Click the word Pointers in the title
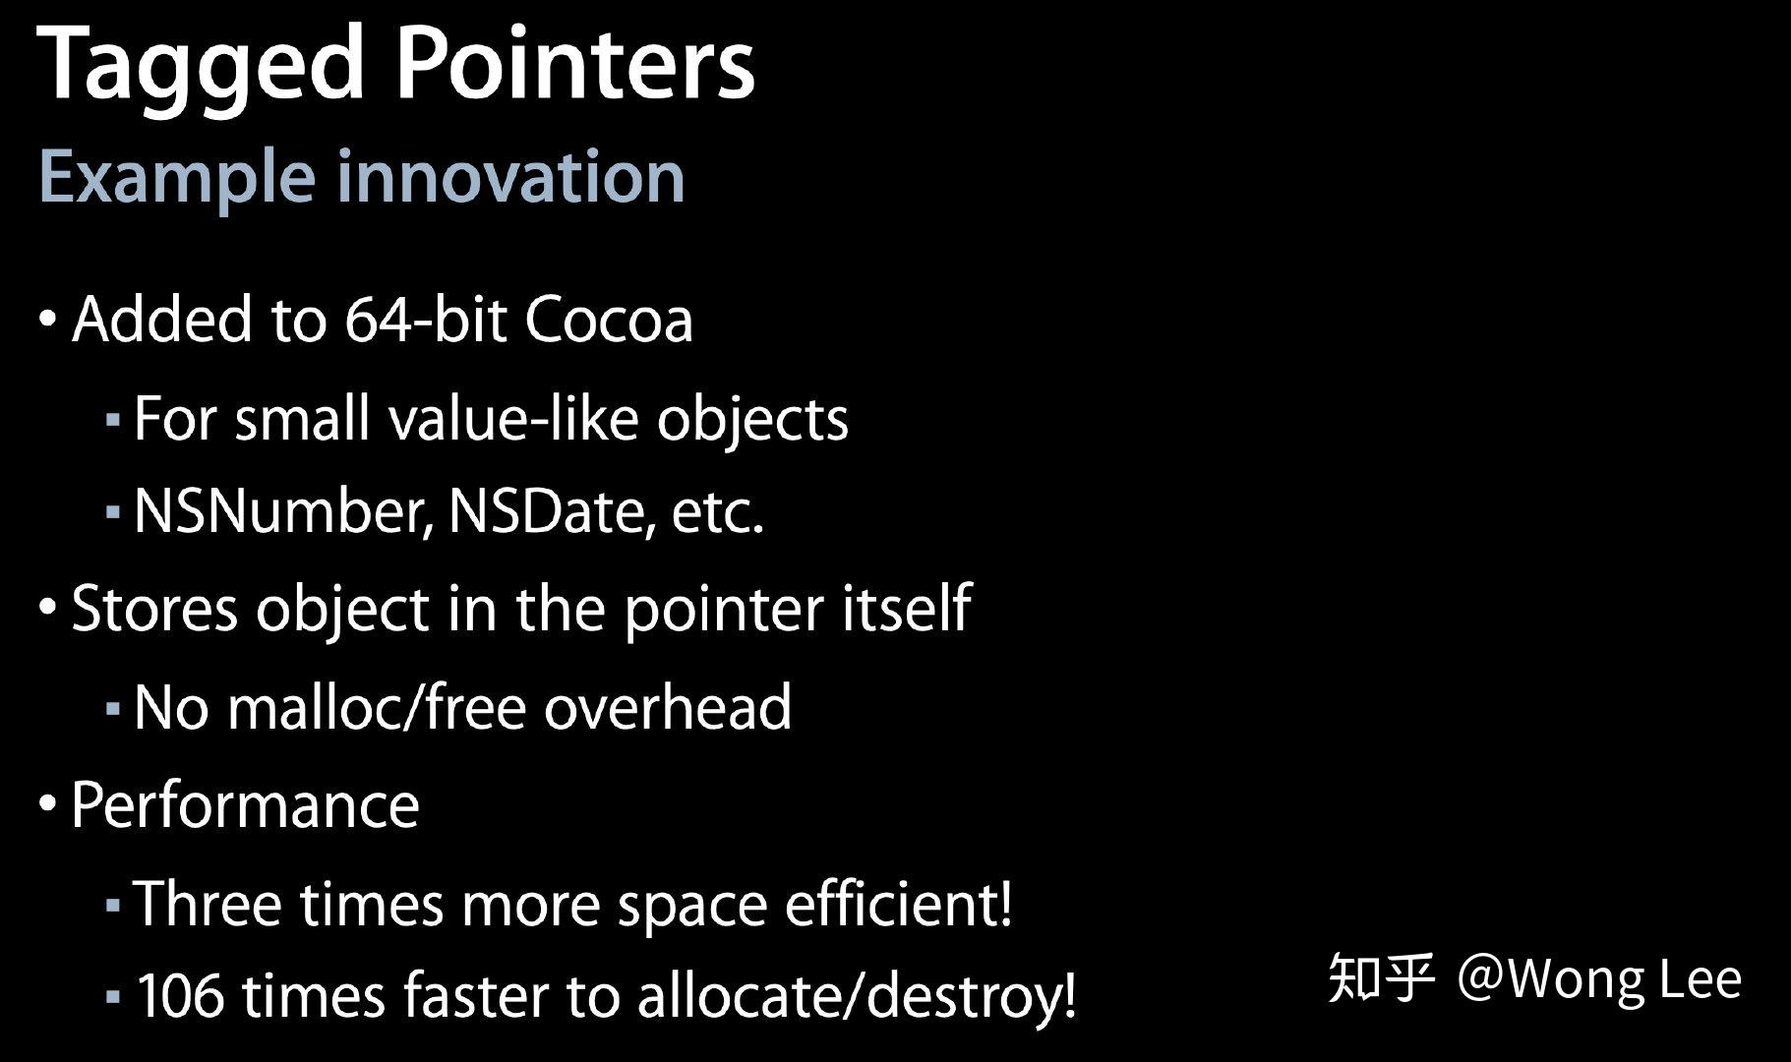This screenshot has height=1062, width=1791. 574,63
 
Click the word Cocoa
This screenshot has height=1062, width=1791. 609,320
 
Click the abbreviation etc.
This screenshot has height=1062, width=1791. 717,512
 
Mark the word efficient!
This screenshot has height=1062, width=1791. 897,903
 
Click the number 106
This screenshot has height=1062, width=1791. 178,995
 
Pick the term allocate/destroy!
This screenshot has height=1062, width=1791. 856,995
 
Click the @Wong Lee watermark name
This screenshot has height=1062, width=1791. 1599,979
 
